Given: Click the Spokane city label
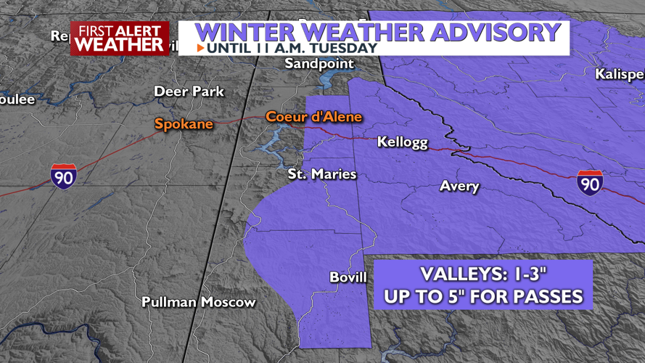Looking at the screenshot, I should pos(184,124).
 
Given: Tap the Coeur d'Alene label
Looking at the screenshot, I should pos(313,116).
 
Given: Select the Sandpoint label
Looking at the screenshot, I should pos(319,64).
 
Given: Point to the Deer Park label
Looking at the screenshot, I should pos(189,91).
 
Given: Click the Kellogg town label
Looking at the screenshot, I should pos(403,142).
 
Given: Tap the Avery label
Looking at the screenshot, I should pos(459,187).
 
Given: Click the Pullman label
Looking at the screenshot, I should pos(169,302).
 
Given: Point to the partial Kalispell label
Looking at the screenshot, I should pos(619,74).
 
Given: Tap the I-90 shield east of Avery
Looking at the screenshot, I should pos(590,182).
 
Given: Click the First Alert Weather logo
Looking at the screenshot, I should pos(120,38).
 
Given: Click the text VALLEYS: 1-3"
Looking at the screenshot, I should pos(482,276).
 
